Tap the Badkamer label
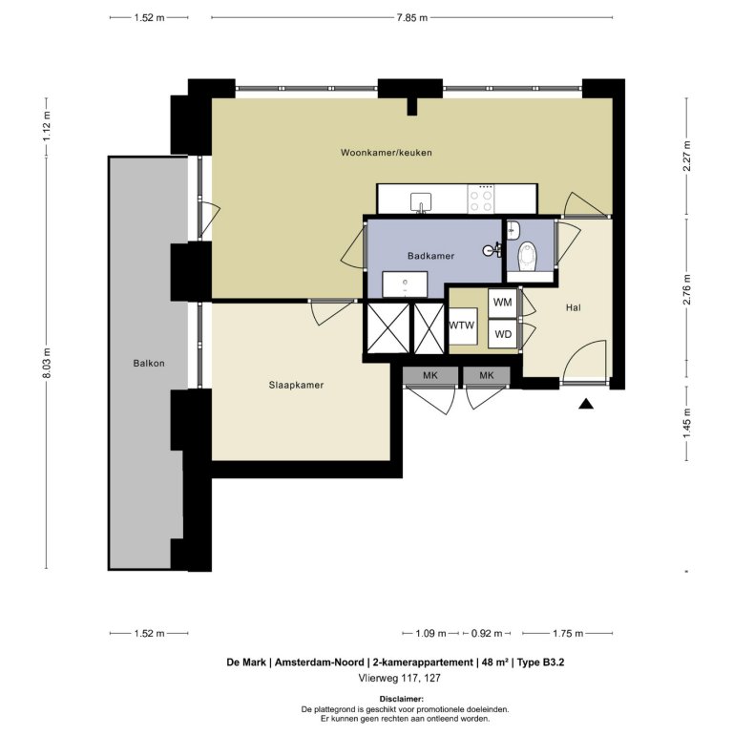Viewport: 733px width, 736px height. coord(430,256)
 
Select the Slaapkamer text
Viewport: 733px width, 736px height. coord(296,386)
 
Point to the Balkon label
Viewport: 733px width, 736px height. coord(149,363)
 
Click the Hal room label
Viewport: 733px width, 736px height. coord(573,307)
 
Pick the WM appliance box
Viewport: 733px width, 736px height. coord(503,303)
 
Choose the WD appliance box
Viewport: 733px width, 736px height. coord(503,334)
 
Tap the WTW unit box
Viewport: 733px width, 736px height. coord(463,325)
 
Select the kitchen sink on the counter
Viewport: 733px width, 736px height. coord(421,202)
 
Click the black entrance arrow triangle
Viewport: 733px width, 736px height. coord(586,404)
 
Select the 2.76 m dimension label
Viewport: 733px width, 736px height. coord(686,289)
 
